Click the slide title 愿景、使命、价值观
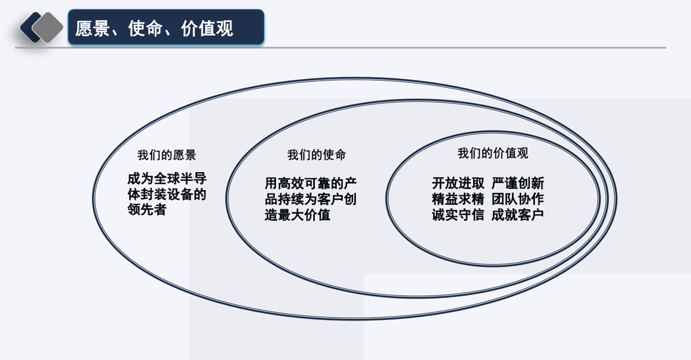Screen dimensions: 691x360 (154, 29)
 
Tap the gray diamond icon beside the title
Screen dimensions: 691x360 (48, 27)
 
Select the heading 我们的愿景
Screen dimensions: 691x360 (167, 155)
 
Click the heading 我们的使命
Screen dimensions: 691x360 (316, 155)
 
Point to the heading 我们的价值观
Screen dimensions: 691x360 (492, 153)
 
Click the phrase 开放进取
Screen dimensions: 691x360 (458, 183)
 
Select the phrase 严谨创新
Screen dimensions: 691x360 (518, 183)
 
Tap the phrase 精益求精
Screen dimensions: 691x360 (458, 199)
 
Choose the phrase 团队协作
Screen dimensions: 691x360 (518, 199)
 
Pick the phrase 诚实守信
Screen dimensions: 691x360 (458, 215)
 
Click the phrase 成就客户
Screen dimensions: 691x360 (518, 215)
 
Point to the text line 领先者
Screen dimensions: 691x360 (147, 210)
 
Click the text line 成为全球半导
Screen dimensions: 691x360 (167, 178)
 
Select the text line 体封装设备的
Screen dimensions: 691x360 (167, 194)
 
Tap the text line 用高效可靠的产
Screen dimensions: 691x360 (310, 183)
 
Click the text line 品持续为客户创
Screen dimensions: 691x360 (310, 199)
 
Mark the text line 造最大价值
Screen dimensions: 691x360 (297, 215)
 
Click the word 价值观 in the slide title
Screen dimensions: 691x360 (207, 29)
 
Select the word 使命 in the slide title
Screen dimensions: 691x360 (145, 29)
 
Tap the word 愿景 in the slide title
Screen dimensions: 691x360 (93, 29)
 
